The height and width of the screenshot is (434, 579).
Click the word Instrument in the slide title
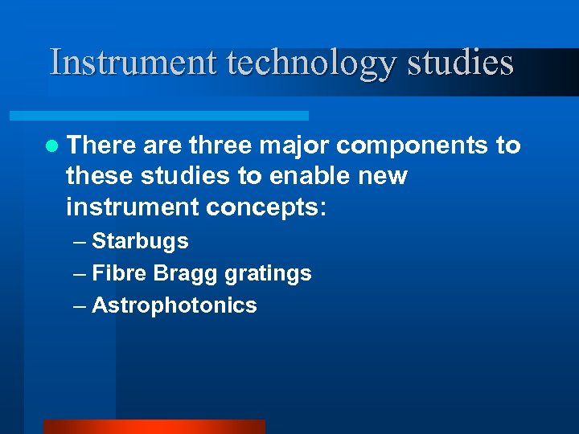(133, 62)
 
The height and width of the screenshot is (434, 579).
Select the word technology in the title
(310, 63)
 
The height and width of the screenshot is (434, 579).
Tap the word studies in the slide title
(459, 62)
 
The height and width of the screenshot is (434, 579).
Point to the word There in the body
(102, 145)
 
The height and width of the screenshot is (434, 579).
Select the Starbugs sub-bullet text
(140, 241)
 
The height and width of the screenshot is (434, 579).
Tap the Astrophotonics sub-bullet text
(175, 305)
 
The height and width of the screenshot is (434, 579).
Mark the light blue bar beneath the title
(177, 116)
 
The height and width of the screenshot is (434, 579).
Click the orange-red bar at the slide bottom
(154, 426)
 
